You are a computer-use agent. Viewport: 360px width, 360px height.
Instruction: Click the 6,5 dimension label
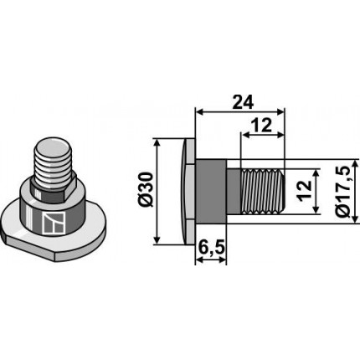point(211,247)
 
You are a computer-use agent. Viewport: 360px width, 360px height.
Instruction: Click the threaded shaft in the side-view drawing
point(264,190)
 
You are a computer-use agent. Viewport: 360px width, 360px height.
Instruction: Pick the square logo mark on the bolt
point(52,222)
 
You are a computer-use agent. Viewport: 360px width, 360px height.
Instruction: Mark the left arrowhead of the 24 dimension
point(198,111)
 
